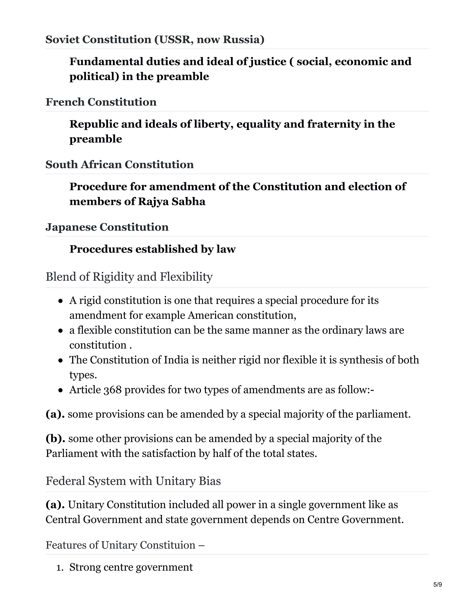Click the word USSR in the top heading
coord(176,40)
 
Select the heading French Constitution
coord(101,102)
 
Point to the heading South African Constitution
coord(120,165)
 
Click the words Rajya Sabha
coord(172,202)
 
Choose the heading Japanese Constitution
coord(107,227)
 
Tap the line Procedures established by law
coord(152,249)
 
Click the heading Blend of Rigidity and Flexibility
coord(129,277)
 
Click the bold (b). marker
coord(55,439)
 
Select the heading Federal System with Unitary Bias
coord(133,481)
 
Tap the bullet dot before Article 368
coord(60,390)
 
